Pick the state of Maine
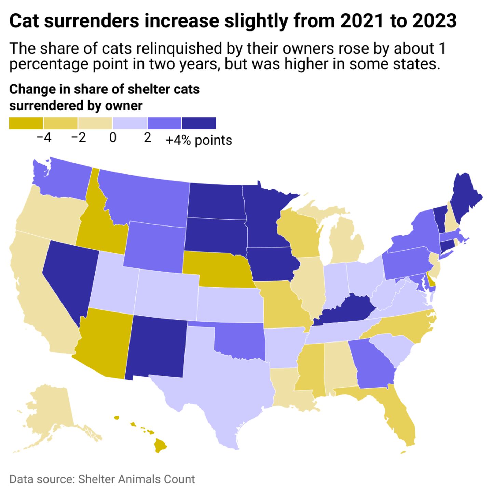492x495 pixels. pyautogui.click(x=465, y=198)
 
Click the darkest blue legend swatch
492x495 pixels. pyautogui.click(x=199, y=123)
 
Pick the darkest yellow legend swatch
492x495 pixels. pyautogui.click(x=26, y=123)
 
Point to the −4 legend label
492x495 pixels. pyautogui.click(x=44, y=138)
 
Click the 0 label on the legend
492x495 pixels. pyautogui.click(x=113, y=138)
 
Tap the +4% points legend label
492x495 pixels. pyautogui.click(x=199, y=140)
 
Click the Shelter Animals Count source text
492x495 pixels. pyautogui.click(x=137, y=479)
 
